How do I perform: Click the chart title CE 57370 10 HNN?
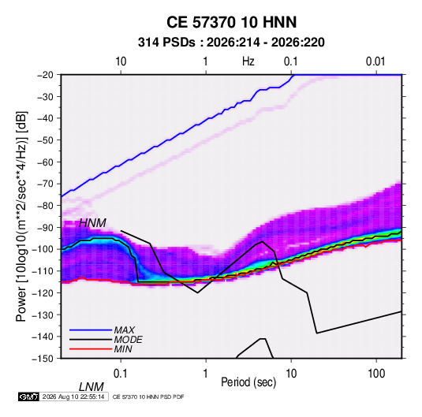pos(231,22)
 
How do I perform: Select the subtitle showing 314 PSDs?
pos(231,43)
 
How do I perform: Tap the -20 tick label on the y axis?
pos(45,75)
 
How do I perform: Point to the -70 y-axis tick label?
pos(45,184)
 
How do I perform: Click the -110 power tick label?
pos(43,271)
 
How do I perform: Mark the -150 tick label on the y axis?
pos(43,359)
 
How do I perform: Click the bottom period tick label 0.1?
pos(121,374)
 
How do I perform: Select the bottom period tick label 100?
pos(376,374)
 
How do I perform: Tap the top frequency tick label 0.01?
pos(375,61)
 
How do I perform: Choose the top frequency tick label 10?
pos(121,61)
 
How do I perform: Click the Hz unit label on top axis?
pos(248,61)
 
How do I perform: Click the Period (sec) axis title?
pos(248,382)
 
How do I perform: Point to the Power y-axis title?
pos(21,216)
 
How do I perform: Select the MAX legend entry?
pos(125,330)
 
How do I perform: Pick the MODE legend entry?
pos(128,340)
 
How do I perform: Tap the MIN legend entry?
pos(123,349)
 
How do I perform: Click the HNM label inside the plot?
pos(92,223)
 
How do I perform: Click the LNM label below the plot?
pos(91,387)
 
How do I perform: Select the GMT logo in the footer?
pos(28,397)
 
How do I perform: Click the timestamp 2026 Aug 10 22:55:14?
pos(73,397)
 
